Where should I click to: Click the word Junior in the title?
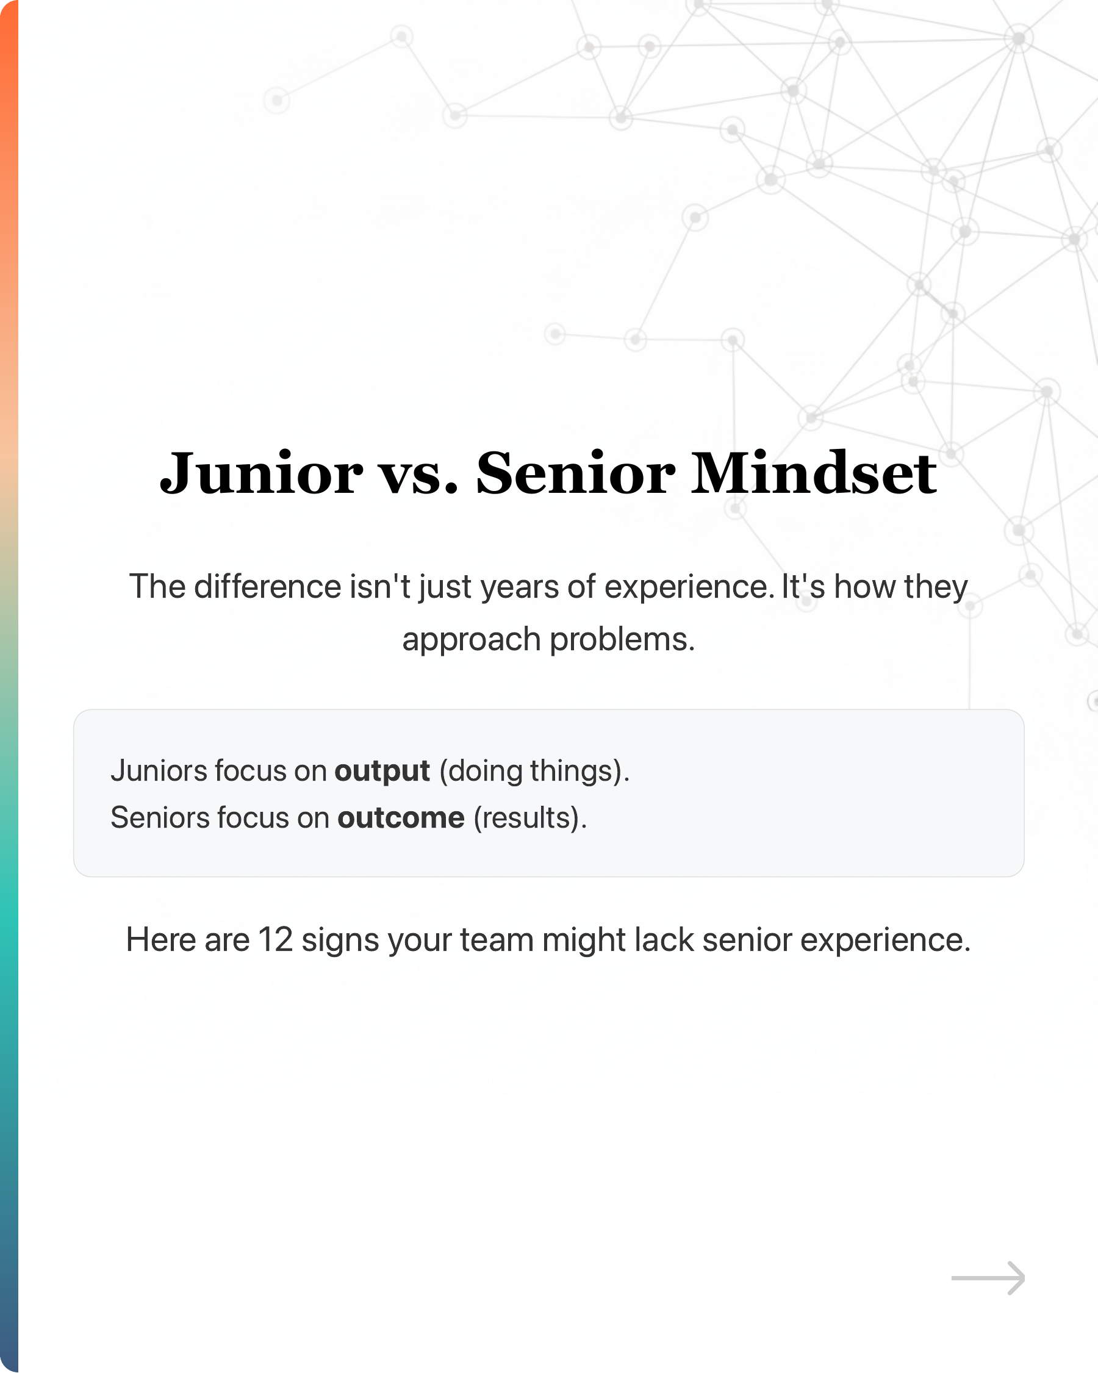tap(261, 474)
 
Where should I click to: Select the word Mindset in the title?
tap(813, 474)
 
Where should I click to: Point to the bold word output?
tap(382, 772)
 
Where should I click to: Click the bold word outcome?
tap(401, 819)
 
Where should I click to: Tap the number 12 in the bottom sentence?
tap(275, 940)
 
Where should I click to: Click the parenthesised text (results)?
tap(529, 819)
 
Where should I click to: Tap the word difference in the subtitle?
tap(268, 587)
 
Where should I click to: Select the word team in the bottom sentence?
tap(497, 940)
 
